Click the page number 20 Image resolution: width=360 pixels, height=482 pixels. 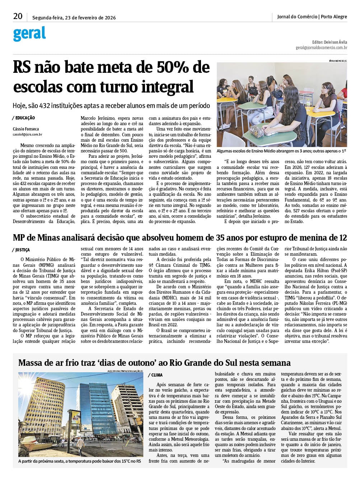coord(18,16)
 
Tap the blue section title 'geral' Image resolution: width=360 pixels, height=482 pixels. coord(29,34)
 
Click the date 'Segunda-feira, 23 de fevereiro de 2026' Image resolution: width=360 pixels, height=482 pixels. coord(74,18)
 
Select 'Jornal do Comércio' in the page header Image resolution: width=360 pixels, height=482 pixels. coord(297,16)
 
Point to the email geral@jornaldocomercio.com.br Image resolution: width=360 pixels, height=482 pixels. coord(321,47)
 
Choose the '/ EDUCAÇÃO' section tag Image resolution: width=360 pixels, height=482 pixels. coord(24,118)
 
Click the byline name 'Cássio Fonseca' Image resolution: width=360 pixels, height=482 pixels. coord(26,129)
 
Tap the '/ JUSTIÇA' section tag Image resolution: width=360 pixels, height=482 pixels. coord(22,250)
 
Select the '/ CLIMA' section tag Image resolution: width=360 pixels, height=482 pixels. coord(155,375)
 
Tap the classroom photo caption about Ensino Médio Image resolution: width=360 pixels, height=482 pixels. coord(282,151)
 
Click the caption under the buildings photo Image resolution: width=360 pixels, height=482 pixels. coord(80,461)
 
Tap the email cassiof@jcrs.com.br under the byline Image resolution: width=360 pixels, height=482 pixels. coord(28,134)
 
